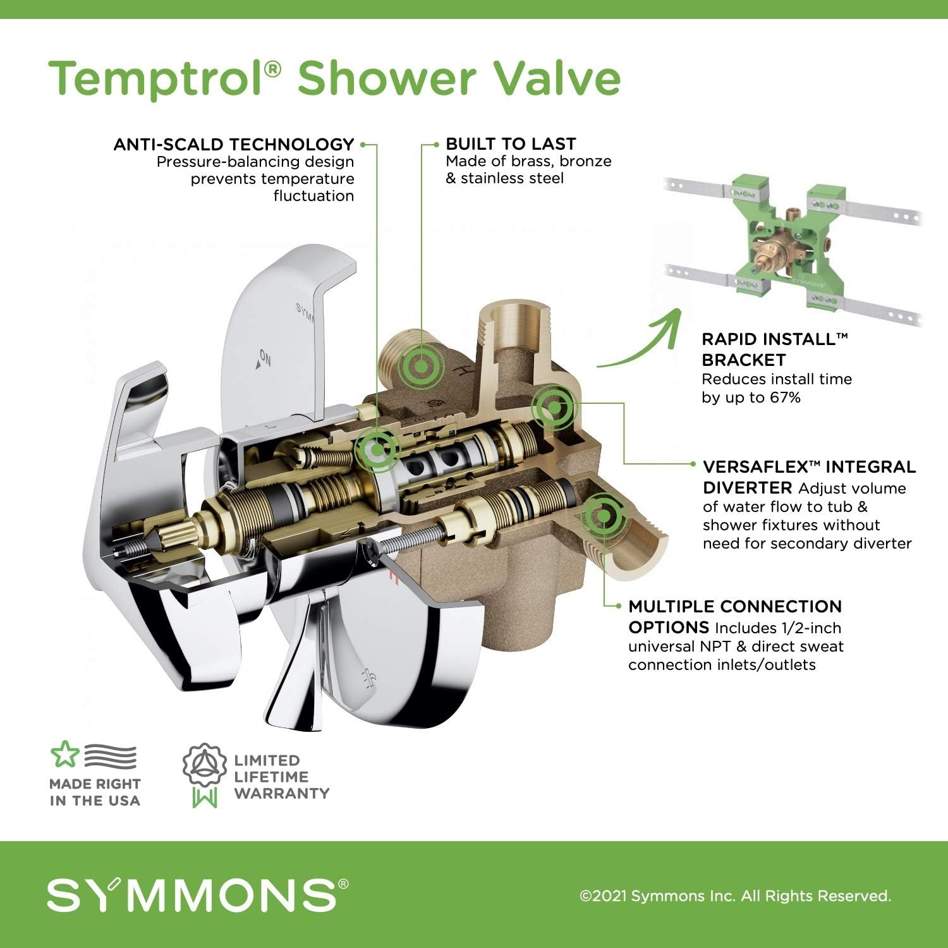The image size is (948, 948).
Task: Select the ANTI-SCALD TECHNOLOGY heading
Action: click(x=234, y=145)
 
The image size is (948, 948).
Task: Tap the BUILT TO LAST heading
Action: click(x=511, y=144)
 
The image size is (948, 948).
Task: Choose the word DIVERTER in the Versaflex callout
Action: click(x=747, y=488)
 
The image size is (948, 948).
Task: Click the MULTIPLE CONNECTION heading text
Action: click(x=735, y=607)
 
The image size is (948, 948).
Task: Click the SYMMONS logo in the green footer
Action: click(x=197, y=894)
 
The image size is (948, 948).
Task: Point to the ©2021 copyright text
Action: click(x=735, y=896)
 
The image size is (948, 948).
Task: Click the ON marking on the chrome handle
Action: click(x=264, y=360)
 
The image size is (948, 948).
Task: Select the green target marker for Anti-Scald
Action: click(x=377, y=449)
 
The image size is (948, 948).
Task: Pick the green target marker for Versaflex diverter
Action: click(x=553, y=408)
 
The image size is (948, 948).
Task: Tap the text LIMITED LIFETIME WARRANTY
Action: click(x=281, y=777)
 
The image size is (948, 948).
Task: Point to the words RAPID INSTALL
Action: click(x=769, y=339)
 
